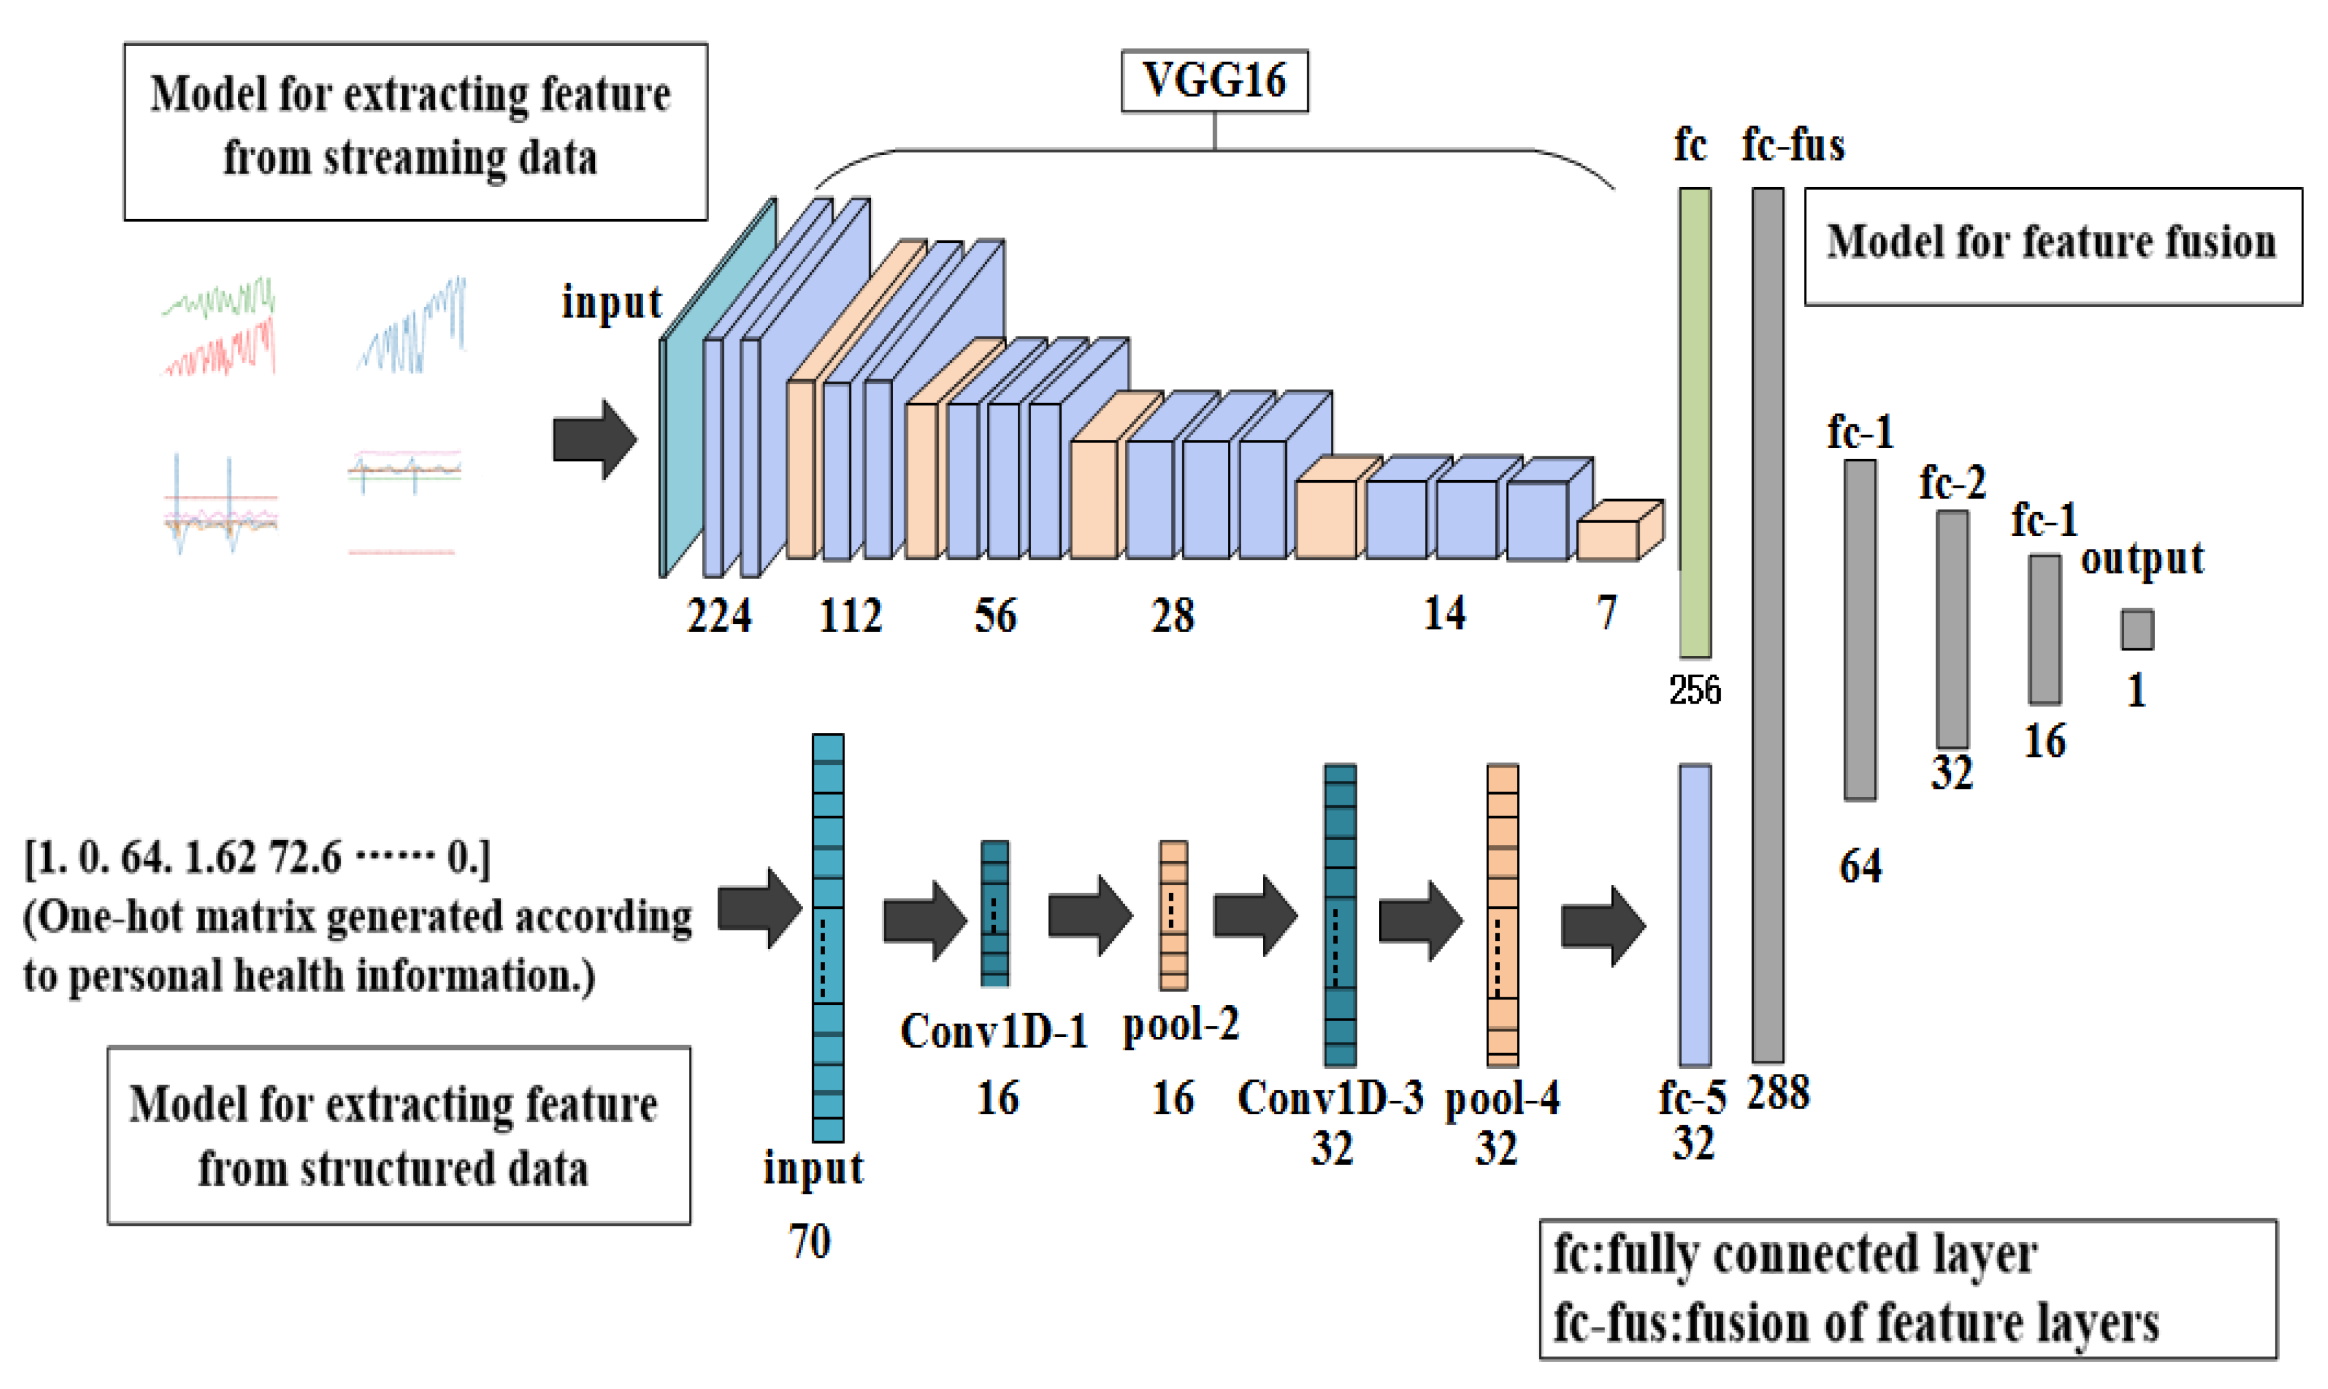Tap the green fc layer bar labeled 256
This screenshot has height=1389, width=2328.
pos(1694,421)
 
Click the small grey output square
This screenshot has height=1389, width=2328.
pos(2136,629)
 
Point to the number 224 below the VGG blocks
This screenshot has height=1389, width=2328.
pos(718,616)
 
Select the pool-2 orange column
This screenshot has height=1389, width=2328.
pos(1173,914)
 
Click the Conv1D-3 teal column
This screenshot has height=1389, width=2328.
pos(1339,914)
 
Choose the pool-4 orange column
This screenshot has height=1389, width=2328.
pos(1502,914)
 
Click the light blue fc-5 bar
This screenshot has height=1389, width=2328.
pos(1694,914)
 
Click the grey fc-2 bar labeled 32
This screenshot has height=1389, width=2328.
pos(1952,629)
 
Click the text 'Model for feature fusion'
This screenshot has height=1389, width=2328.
pos(2051,242)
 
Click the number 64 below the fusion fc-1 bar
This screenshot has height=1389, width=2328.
pos(1860,866)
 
